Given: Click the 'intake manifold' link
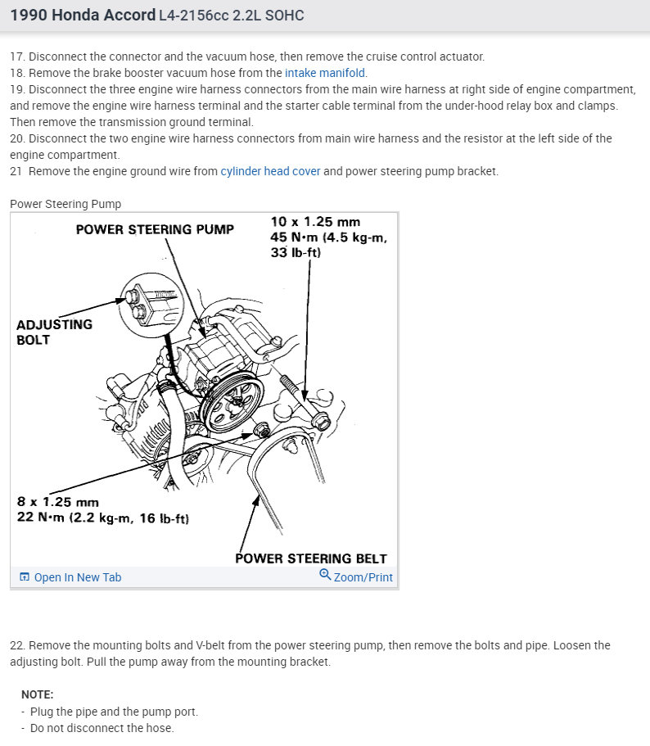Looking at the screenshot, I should tap(326, 73).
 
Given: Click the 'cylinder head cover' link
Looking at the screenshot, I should tap(270, 171).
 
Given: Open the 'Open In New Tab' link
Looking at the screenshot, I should tap(77, 577).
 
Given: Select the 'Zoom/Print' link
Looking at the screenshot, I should tap(363, 577).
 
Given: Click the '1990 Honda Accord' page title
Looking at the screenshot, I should tap(83, 16).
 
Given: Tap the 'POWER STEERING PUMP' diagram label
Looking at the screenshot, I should tap(155, 229).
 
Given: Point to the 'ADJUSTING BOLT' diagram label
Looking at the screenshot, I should tap(54, 332).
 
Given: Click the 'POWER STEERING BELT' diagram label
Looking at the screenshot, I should tap(310, 558).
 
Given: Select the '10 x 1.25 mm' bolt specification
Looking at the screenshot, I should tap(315, 222).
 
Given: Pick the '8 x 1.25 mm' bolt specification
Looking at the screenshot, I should tap(57, 501).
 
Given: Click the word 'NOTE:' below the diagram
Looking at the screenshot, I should tap(37, 694).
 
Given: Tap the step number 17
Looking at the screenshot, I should tap(17, 57).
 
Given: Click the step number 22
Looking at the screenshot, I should tap(18, 645).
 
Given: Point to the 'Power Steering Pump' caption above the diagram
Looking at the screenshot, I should tap(65, 204).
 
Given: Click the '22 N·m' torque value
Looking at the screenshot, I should tap(41, 517).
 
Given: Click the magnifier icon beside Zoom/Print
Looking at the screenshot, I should tap(325, 576).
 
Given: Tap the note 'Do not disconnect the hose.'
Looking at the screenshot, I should tap(102, 728).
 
